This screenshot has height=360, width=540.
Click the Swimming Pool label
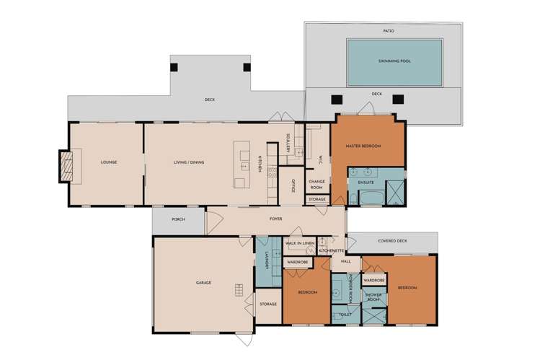[x=394, y=61]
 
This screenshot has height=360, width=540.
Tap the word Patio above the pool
[x=389, y=31]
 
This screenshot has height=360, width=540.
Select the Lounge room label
[x=109, y=162]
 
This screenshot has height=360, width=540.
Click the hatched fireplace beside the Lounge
[x=66, y=167]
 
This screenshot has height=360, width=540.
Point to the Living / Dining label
[x=189, y=162]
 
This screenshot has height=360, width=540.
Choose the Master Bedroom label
[x=363, y=146]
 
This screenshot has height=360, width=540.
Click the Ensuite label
[x=366, y=183]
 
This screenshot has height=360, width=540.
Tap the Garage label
[x=203, y=283]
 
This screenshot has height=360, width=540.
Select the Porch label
[x=178, y=219]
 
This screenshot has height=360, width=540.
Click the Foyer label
[x=276, y=219]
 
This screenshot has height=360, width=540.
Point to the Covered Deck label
[x=392, y=241]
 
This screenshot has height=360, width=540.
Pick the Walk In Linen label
[x=300, y=243]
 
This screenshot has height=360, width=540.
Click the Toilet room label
[x=345, y=315]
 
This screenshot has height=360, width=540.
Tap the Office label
[x=293, y=185]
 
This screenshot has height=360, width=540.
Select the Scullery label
[x=288, y=144]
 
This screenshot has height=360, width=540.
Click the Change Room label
[x=317, y=184]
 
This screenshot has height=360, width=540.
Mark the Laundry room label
[x=267, y=260]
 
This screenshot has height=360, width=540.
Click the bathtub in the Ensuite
[x=371, y=199]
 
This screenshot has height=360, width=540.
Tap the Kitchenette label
[x=331, y=251]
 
